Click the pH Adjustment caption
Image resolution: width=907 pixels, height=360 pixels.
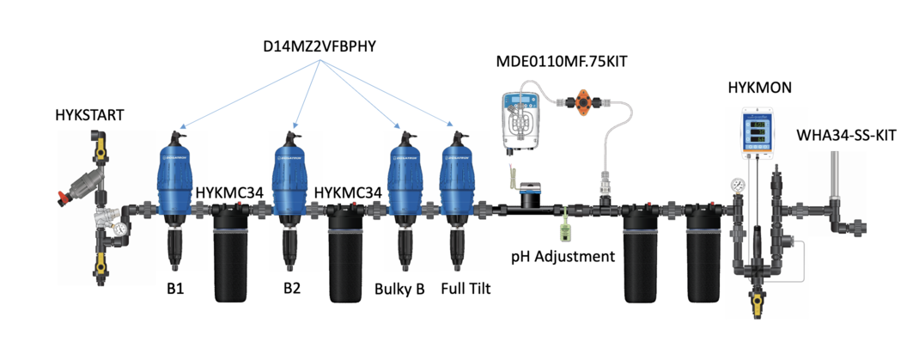563,256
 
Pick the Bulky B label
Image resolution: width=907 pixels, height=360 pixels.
400,289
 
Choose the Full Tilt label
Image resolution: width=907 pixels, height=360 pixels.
465,289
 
